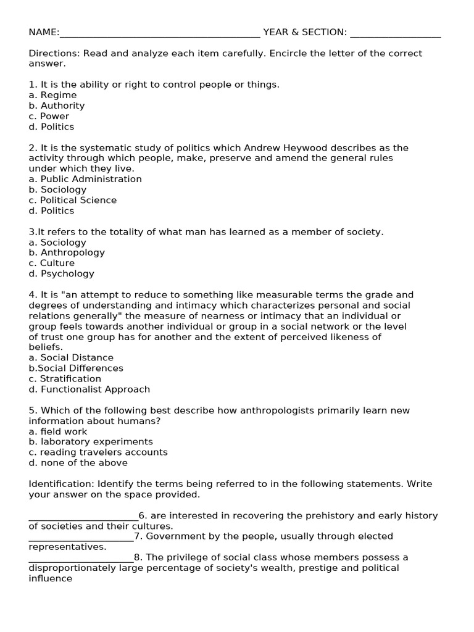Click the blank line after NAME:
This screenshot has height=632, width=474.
160,33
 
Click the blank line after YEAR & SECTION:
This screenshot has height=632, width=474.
395,33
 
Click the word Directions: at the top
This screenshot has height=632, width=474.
54,53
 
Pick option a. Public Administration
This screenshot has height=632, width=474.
85,179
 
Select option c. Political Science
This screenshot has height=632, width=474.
72,200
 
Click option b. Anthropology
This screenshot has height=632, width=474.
67,252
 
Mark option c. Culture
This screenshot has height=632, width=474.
51,263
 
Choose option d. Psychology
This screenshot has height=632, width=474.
61,273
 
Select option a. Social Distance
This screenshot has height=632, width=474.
71,357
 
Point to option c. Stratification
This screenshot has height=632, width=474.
65,378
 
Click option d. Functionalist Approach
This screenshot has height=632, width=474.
89,389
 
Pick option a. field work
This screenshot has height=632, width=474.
58,431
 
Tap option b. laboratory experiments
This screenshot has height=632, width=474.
91,442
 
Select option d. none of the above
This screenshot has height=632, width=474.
78,463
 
